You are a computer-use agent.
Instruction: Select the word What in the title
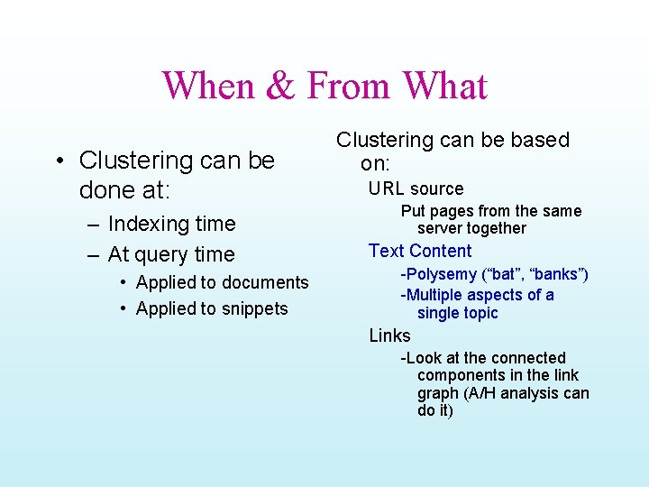444,87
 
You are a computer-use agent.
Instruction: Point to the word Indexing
144,224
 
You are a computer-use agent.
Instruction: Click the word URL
386,188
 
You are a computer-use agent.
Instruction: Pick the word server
442,228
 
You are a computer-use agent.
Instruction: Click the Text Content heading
420,251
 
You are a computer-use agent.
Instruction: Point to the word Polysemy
443,274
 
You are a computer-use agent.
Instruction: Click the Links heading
389,335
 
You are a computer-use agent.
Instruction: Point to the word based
538,140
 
